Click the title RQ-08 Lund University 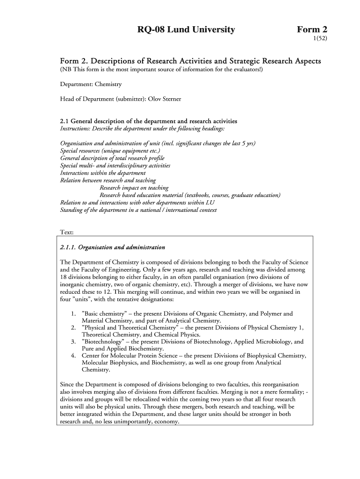point(186,30)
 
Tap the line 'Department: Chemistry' point(91,84)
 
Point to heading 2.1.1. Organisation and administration point(113,247)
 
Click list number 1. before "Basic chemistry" point(74,313)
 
